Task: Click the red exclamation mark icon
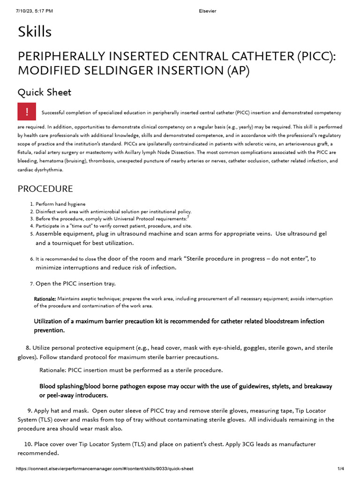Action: [x=27, y=112]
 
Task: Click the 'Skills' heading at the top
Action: [x=35, y=32]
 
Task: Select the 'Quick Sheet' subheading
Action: [x=45, y=92]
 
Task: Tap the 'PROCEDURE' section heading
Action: [x=45, y=189]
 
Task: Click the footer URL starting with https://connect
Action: [x=105, y=469]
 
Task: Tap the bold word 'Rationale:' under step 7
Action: [x=45, y=299]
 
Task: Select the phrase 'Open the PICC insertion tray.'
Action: [x=75, y=284]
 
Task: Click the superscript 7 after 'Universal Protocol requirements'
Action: [x=188, y=217]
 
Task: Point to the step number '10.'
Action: [x=27, y=444]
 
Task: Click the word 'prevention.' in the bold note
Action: [x=49, y=330]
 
